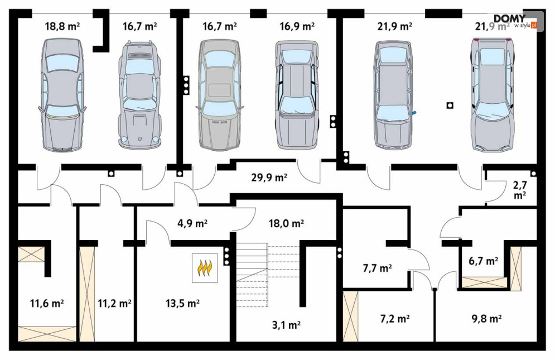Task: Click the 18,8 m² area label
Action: [x=62, y=26]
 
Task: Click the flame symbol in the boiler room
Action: [x=205, y=267]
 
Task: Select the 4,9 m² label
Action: [x=192, y=223]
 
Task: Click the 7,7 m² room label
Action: [x=377, y=268]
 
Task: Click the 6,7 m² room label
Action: [x=482, y=260]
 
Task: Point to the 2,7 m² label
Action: [x=519, y=189]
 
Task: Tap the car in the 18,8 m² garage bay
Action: [x=62, y=95]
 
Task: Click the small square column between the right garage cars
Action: [x=450, y=105]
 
